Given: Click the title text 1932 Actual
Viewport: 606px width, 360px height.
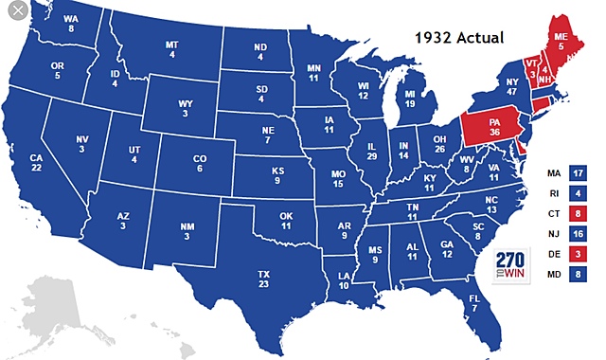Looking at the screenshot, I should tap(459, 38).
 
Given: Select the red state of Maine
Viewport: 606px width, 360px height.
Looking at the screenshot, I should tap(561, 39).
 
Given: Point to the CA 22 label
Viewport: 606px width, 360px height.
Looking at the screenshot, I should tap(37, 162).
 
